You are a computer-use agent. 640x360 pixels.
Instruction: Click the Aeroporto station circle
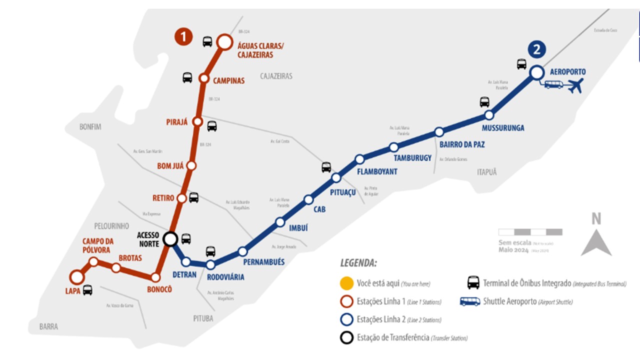(x=536, y=72)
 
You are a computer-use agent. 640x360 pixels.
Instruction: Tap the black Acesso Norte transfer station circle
(x=170, y=239)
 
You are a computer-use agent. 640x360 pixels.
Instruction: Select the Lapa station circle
(x=76, y=276)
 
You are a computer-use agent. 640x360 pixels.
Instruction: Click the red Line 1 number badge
(x=183, y=36)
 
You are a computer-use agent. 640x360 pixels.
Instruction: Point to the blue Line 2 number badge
(x=536, y=49)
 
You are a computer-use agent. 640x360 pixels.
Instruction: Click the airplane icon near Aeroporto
(x=576, y=86)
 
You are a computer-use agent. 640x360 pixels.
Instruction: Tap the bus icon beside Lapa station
(x=87, y=289)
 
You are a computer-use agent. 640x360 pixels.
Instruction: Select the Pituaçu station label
(x=343, y=191)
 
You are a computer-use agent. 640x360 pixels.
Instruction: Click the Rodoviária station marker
(x=210, y=265)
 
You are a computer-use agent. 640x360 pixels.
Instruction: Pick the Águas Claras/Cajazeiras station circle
(x=224, y=42)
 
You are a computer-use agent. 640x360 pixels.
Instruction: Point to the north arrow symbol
(x=596, y=244)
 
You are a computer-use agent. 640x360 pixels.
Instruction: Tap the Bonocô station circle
(x=156, y=277)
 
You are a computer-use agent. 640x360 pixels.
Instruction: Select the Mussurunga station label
(x=503, y=128)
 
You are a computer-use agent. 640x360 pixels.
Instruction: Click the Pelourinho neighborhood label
(x=111, y=226)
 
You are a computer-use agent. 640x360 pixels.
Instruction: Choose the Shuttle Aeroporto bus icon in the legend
(x=470, y=301)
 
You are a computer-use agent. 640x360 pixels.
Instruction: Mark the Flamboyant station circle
(x=359, y=159)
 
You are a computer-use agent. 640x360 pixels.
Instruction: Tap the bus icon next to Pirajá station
(x=212, y=126)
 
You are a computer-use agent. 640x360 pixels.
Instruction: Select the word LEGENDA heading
(x=358, y=263)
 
